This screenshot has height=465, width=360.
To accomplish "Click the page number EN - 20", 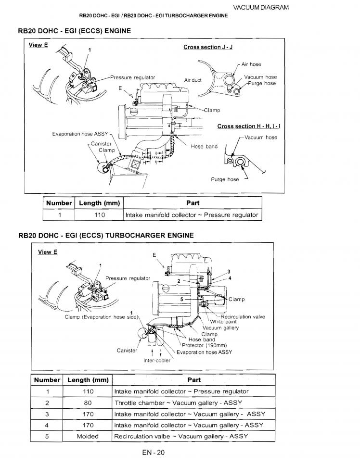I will (154, 452).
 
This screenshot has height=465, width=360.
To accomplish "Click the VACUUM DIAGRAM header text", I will (261, 8).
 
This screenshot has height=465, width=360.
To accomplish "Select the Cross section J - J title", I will (208, 47).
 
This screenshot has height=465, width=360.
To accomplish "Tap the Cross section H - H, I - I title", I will (249, 126).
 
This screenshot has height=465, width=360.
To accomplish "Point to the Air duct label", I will (193, 80).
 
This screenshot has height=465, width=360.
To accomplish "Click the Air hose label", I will (251, 64).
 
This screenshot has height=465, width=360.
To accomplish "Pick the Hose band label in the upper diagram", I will (204, 147).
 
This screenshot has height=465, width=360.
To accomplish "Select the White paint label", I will (224, 322).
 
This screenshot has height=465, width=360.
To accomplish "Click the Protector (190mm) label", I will (204, 345).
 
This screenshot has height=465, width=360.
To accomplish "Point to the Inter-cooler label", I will (157, 361).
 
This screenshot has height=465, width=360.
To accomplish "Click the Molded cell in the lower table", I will (88, 436).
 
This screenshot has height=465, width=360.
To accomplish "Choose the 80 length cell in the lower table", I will (88, 403).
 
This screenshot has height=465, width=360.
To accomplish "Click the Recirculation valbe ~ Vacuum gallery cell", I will (180, 436).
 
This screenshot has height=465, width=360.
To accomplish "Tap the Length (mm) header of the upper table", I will (99, 203).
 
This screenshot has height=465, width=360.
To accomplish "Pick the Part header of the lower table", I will (194, 380).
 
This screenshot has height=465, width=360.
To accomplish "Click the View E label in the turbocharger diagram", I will (48, 252).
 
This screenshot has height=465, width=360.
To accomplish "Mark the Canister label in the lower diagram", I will (127, 351).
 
